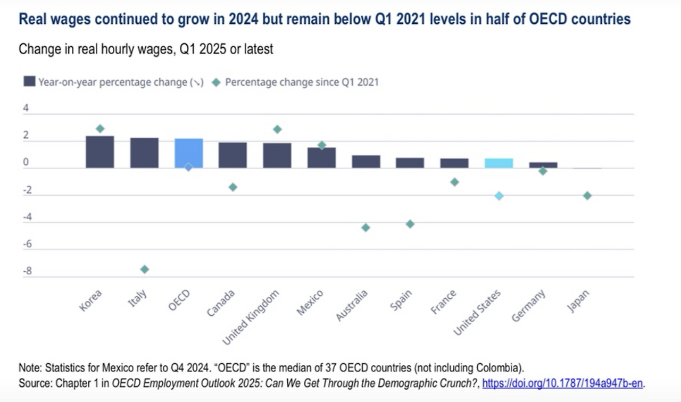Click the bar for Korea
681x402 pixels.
coord(100,152)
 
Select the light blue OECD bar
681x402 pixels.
coord(189,153)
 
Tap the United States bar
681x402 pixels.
coord(499,163)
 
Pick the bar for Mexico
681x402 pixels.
coord(321,158)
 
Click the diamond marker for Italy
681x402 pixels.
coord(144,270)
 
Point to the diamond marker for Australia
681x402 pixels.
coord(366,228)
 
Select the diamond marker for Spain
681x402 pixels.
coord(410,224)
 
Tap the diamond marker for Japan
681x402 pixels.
coord(587,196)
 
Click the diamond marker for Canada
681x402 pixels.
coord(233,187)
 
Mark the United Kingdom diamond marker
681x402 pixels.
coord(277,129)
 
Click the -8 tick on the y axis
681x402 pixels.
coord(27,271)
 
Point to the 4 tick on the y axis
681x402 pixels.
coord(26,108)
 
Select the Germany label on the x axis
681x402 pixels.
coord(528,306)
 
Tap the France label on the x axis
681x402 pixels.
coord(444,302)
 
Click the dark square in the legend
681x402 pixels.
coord(29,81)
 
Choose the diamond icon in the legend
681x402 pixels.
coord(216,82)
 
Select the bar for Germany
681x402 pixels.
coord(543,165)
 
